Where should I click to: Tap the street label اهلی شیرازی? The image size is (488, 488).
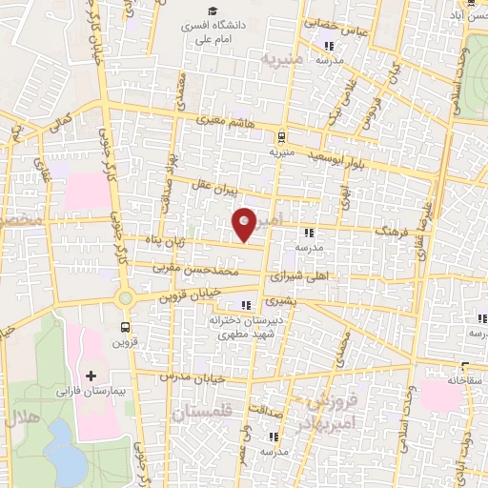point(294,276)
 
